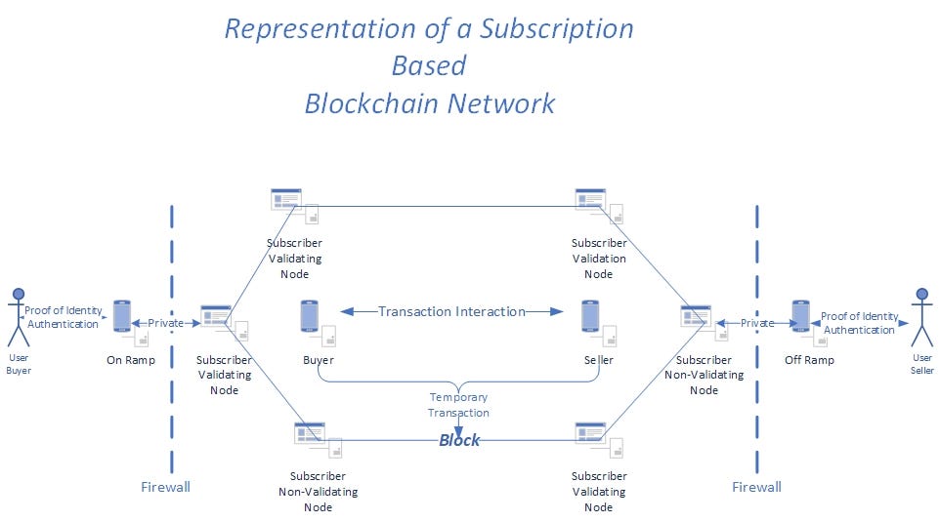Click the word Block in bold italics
coord(458,440)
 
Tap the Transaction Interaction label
coord(451,311)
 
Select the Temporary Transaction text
coord(458,405)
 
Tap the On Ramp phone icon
coord(122,316)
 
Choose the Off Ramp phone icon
coord(801,316)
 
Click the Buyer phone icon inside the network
coord(309,316)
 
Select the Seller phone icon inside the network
coord(590,316)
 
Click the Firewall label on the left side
coord(165,487)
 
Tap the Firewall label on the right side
coord(756,487)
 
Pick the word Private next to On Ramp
coord(165,323)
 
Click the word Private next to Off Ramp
coord(757,323)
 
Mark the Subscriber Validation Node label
coord(599,259)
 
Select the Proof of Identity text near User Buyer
coord(64,310)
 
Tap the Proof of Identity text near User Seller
coord(859,316)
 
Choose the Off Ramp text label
coord(809,360)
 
